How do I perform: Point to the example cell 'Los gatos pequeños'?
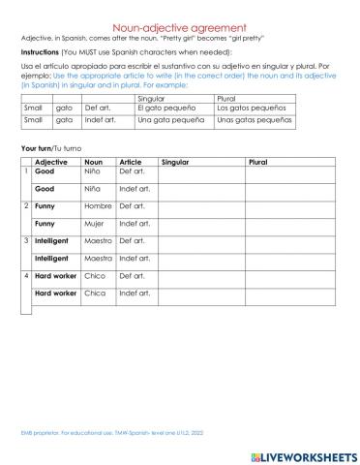click(251, 108)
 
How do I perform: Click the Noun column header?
click(94, 161)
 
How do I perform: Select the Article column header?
click(130, 161)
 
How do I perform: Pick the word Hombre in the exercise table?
click(99, 206)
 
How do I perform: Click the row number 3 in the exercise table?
click(26, 240)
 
